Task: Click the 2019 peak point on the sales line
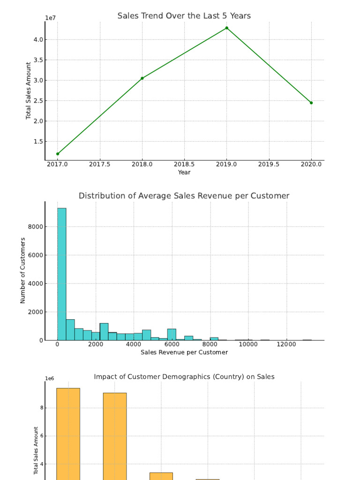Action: pyautogui.click(x=227, y=28)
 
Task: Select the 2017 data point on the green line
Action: pyautogui.click(x=58, y=154)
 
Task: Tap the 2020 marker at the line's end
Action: pyautogui.click(x=311, y=103)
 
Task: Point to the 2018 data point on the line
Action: pyautogui.click(x=142, y=78)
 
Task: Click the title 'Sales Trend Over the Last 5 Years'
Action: pyautogui.click(x=184, y=16)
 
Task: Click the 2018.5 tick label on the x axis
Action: pyautogui.click(x=184, y=164)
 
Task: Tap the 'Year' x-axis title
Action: pyautogui.click(x=184, y=172)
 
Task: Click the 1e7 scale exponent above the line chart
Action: pyautogui.click(x=51, y=18)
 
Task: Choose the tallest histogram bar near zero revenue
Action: pyautogui.click(x=62, y=274)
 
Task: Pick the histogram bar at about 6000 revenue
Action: pyautogui.click(x=172, y=334)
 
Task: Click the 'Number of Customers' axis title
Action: pyautogui.click(x=23, y=270)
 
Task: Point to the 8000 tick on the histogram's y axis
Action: pyautogui.click(x=36, y=227)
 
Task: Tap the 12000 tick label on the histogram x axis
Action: pyautogui.click(x=286, y=344)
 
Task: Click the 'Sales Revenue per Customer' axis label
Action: pyautogui.click(x=184, y=352)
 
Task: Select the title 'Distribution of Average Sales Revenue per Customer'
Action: pyautogui.click(x=184, y=196)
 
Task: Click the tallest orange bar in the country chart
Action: pyautogui.click(x=68, y=434)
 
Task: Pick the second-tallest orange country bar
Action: pyautogui.click(x=115, y=436)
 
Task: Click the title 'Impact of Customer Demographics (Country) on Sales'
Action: pyautogui.click(x=184, y=377)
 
